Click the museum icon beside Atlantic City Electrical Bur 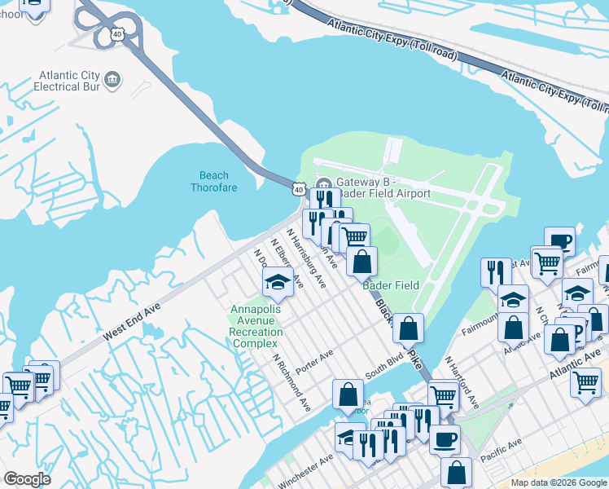113,80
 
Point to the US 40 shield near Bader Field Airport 299,189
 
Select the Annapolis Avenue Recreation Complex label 257,327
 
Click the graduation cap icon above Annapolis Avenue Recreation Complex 277,284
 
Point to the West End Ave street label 132,324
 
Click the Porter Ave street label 315,363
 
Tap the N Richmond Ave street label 291,381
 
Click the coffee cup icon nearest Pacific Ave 444,439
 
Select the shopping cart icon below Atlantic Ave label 585,381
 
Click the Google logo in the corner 27,479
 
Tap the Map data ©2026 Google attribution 559,482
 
